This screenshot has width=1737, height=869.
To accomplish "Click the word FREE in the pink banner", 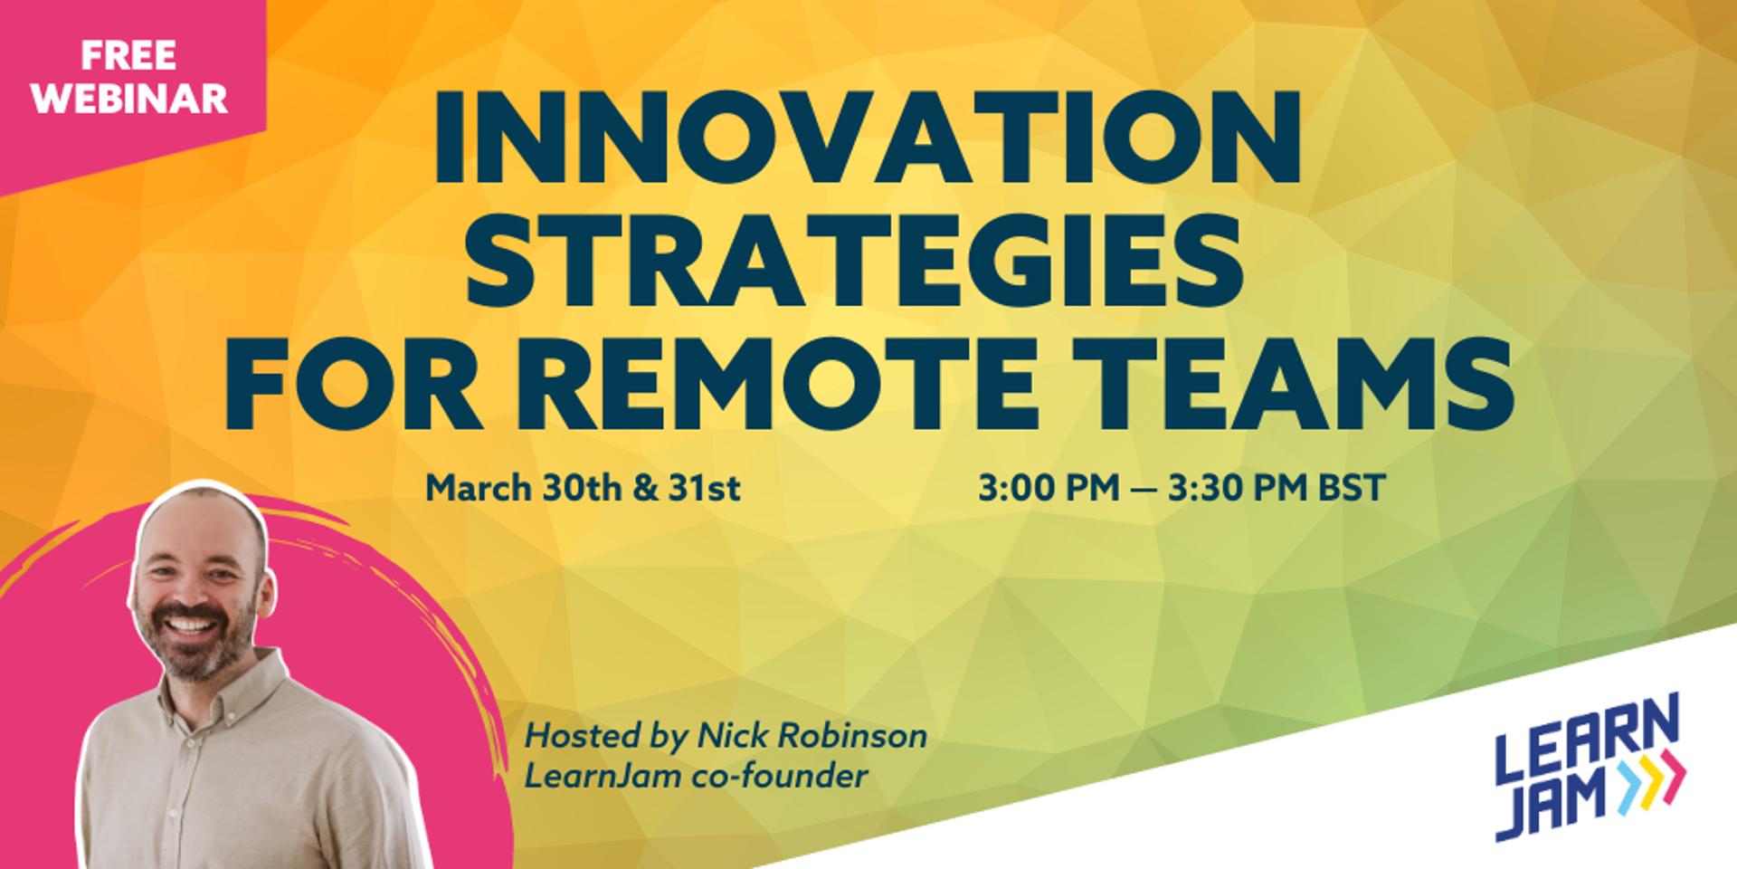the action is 128,56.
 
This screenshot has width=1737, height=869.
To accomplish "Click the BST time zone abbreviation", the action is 1353,489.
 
